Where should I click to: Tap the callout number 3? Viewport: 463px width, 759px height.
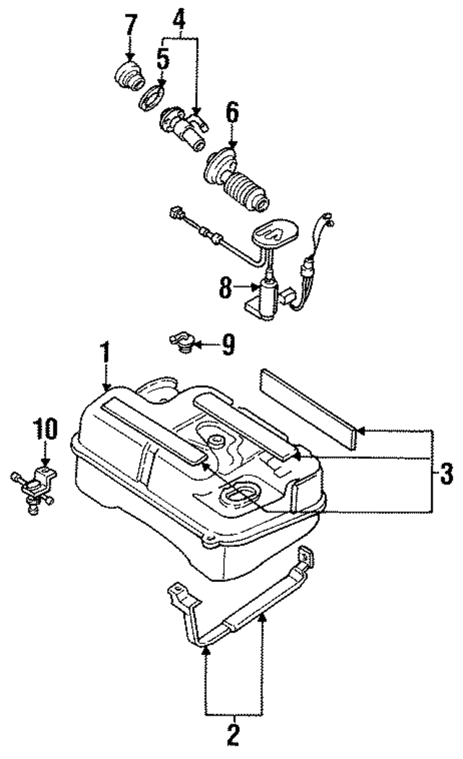pyautogui.click(x=444, y=475)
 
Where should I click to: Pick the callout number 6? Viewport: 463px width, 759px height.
pyautogui.click(x=231, y=113)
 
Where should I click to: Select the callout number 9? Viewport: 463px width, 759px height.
pyautogui.click(x=228, y=346)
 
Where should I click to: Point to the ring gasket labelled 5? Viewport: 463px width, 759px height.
pyautogui.click(x=154, y=96)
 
